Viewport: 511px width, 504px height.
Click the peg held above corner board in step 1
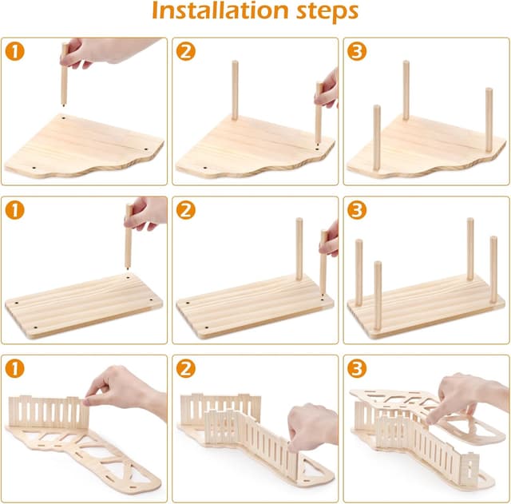(x=65, y=80)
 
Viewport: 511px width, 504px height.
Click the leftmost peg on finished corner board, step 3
(x=377, y=136)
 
